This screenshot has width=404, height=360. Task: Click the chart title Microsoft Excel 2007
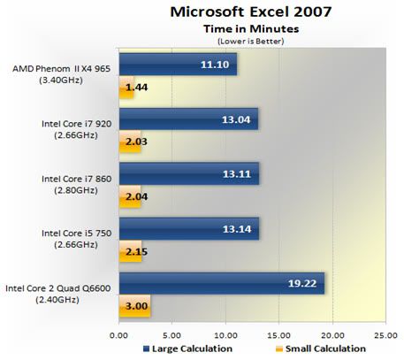click(x=251, y=11)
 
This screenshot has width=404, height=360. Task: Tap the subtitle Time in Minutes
click(x=251, y=29)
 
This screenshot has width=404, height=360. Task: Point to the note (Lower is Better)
click(x=251, y=41)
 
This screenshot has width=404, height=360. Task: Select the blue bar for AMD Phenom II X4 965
click(x=178, y=65)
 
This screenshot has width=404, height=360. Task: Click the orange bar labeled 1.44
click(x=126, y=88)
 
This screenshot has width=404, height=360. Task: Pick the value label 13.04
click(x=236, y=119)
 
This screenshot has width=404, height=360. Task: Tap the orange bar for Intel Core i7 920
click(x=130, y=142)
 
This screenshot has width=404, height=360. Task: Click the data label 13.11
click(x=237, y=174)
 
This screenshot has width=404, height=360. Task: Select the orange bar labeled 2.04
click(x=130, y=196)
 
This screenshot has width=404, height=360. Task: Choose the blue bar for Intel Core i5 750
click(x=189, y=229)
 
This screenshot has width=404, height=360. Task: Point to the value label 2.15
click(x=136, y=252)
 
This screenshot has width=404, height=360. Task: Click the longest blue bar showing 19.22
click(x=222, y=283)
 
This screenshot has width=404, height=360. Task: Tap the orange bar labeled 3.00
click(x=134, y=306)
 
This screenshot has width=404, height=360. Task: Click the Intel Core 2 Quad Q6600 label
click(x=57, y=294)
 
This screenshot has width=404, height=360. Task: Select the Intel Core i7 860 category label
click(x=76, y=185)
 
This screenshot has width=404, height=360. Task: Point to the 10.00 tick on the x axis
click(x=226, y=335)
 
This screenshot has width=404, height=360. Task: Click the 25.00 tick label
click(x=386, y=335)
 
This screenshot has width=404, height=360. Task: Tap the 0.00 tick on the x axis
click(x=118, y=335)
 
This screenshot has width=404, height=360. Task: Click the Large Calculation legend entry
click(x=187, y=349)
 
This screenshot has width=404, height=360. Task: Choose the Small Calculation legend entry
click(x=321, y=349)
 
